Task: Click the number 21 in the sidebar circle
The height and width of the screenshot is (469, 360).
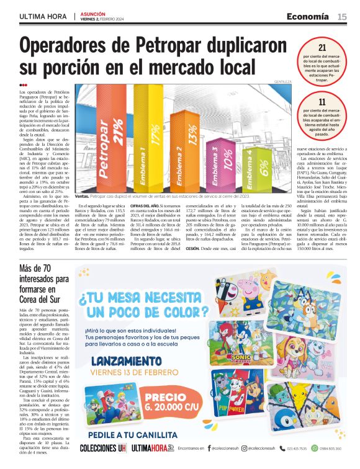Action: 322,47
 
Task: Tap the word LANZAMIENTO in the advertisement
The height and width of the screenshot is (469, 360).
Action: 126,362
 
